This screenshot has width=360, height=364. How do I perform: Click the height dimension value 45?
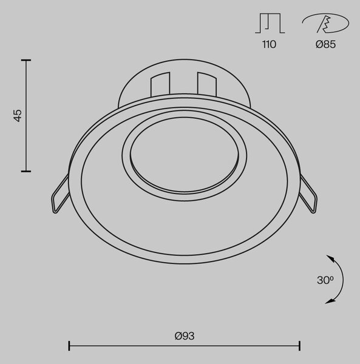18,116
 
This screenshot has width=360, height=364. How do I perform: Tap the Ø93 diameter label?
185,336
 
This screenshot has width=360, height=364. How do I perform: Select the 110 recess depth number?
269,44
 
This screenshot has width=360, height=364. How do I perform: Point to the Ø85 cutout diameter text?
325,44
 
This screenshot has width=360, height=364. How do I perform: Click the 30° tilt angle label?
325,280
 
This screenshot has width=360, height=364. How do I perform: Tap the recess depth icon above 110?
270,23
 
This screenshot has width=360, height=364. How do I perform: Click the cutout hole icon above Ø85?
325,23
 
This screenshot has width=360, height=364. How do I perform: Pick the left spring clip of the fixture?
60,194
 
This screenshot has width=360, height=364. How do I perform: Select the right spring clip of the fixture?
308,194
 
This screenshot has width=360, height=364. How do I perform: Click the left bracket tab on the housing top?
160,84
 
